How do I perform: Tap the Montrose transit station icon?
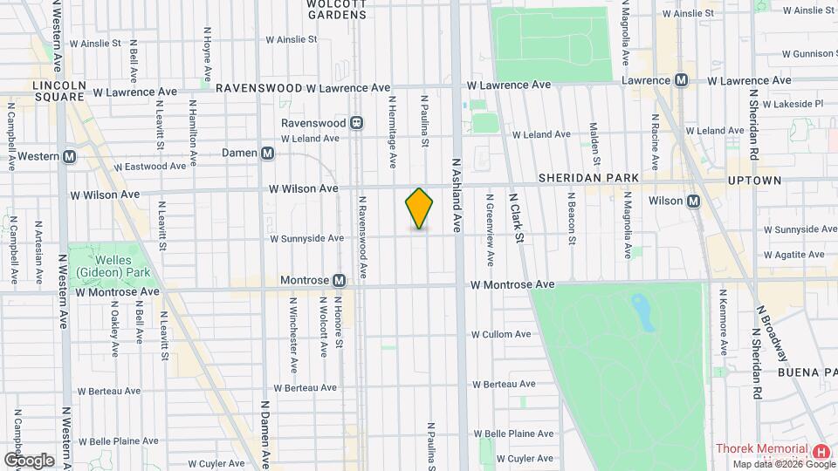pos(340,281)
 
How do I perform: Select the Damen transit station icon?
pos(268,153)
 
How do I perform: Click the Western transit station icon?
pos(70,157)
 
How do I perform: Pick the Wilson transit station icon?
pos(694,201)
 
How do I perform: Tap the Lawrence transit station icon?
pos(682,80)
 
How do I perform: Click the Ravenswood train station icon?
pos(356,123)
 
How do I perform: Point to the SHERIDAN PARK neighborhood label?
pos(588,178)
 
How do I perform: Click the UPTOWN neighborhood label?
pos(754,181)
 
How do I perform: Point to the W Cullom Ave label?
pos(501,334)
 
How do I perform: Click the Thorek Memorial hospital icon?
pos(821,451)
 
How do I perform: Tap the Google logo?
pos(29,460)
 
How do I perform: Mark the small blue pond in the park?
pos(643,311)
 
